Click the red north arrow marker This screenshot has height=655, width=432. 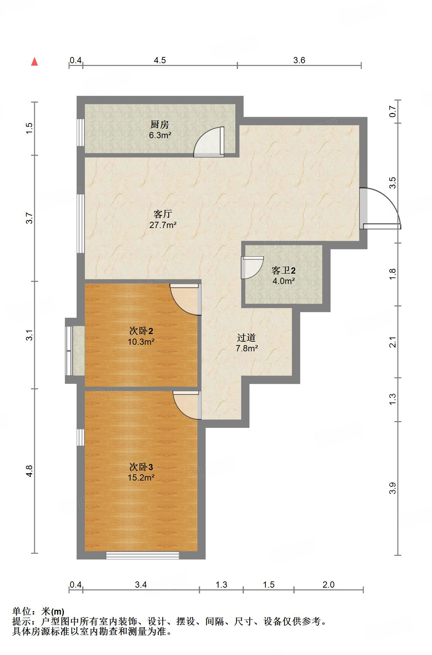click(x=35, y=62)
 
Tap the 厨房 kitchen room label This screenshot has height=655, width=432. click(x=160, y=124)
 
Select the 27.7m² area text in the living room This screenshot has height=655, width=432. click(x=163, y=225)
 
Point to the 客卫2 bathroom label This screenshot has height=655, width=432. click(x=284, y=270)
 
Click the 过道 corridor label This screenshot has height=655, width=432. click(x=247, y=338)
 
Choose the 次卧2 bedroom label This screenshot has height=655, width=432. click(x=141, y=331)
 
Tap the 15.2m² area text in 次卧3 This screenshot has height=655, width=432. click(x=141, y=478)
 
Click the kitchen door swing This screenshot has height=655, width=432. click(x=209, y=142)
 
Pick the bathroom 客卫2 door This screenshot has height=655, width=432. click(x=252, y=268)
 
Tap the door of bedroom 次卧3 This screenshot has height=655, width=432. click(x=187, y=405)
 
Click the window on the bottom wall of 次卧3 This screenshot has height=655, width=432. click(x=143, y=555)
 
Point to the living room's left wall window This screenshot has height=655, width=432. click(x=81, y=224)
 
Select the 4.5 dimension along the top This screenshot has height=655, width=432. click(x=160, y=60)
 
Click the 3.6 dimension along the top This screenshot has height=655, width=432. click(x=299, y=60)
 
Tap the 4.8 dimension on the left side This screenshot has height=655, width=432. click(x=30, y=471)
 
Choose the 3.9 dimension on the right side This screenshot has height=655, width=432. click(x=393, y=488)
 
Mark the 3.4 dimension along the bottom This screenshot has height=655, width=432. click(x=141, y=585)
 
